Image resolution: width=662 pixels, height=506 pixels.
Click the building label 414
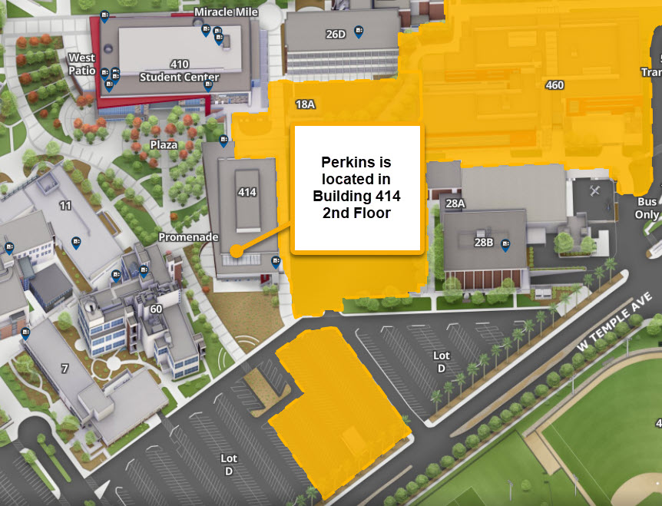click(247, 192)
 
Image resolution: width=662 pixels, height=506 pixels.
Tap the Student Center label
click(180, 77)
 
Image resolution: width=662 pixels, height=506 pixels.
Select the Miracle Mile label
click(227, 12)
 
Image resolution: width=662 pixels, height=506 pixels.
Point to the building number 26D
click(335, 34)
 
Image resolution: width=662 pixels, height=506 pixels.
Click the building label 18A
click(305, 104)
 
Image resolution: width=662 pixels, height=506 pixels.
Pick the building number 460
click(554, 85)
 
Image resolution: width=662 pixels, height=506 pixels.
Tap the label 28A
click(455, 203)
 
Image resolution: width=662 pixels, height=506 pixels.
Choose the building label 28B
click(483, 242)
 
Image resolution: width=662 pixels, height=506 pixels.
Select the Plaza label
click(164, 144)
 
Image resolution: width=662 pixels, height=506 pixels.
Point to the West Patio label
click(81, 64)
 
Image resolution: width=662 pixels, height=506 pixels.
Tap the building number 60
click(156, 309)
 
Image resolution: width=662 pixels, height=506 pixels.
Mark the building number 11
click(65, 206)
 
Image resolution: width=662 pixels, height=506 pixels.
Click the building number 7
click(65, 369)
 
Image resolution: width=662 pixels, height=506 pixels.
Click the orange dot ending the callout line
click(236, 250)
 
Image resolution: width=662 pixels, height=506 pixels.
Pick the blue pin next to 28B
click(505, 245)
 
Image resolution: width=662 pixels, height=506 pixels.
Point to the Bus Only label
click(647, 208)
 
